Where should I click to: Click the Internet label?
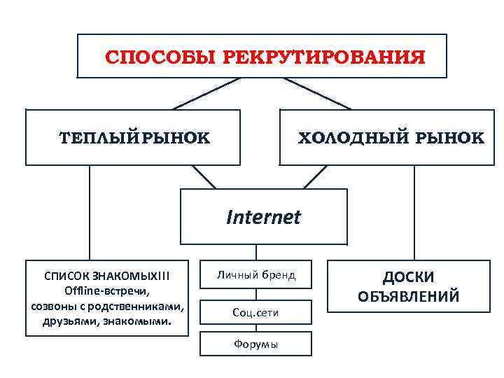[263, 217]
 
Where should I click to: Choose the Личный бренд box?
[255, 274]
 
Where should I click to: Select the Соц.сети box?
[255, 312]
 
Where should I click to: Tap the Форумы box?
[255, 344]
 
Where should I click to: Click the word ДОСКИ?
[408, 278]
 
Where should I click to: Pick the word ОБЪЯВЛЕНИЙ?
[409, 297]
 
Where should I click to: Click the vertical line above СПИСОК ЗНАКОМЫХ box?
[89, 213]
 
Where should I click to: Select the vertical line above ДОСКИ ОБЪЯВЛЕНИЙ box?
[414, 213]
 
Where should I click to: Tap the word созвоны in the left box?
[54, 307]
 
